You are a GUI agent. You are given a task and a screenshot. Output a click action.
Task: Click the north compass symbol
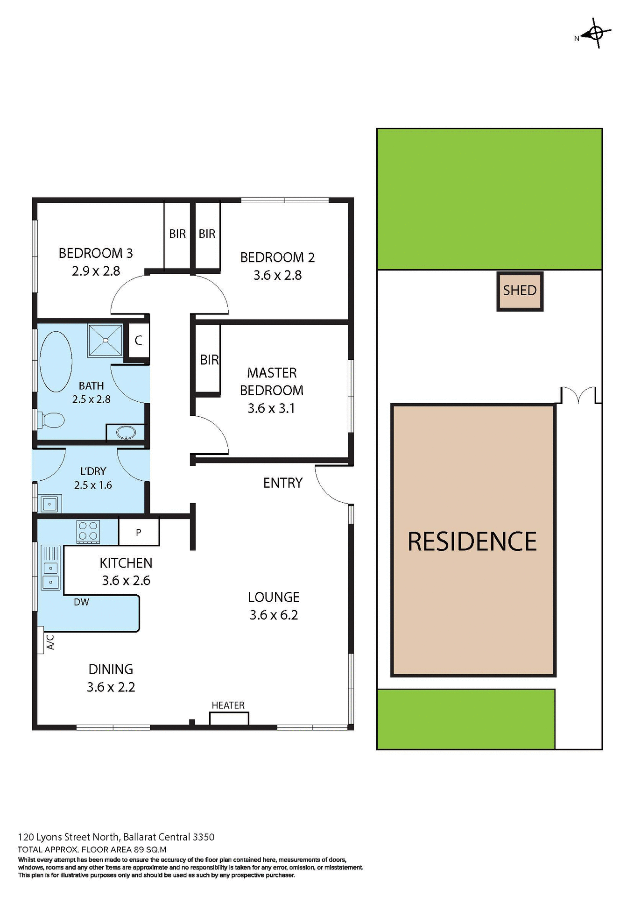[x=595, y=33]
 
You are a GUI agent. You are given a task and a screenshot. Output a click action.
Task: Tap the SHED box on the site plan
[x=520, y=291]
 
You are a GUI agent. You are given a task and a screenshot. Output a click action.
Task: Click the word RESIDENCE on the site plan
[x=472, y=541]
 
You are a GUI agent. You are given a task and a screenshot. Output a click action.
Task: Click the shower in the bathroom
[x=105, y=341]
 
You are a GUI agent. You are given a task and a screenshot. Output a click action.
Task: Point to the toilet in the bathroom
[x=51, y=420]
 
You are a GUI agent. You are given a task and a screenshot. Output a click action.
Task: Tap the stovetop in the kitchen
[x=88, y=531]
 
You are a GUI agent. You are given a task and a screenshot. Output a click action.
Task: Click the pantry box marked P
[x=139, y=532]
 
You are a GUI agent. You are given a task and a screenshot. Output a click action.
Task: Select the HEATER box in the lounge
[x=229, y=718]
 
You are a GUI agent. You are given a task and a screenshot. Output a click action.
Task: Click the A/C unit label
[x=50, y=642]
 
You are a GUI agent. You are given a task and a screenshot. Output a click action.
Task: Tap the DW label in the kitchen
[x=81, y=602]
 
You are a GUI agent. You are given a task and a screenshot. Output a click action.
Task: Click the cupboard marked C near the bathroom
[x=138, y=341]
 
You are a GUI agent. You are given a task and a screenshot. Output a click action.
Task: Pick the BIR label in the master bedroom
[x=209, y=360]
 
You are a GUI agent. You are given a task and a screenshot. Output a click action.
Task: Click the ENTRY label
[x=283, y=483]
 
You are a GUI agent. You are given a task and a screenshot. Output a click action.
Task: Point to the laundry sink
[x=49, y=504]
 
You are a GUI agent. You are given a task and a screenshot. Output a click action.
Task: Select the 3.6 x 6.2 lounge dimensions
[x=274, y=615]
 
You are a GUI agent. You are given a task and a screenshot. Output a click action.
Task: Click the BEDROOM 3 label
[x=96, y=253]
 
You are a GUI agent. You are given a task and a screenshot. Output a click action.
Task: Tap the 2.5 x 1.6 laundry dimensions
[x=93, y=485]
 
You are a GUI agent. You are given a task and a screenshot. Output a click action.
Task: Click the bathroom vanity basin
[x=126, y=432]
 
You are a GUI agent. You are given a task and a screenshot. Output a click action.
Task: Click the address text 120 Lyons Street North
[x=70, y=837]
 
